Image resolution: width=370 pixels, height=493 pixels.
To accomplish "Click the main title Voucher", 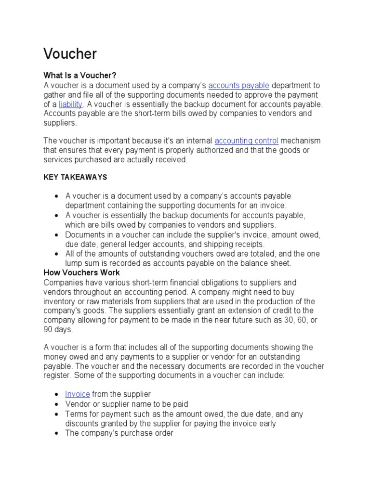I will pyautogui.click(x=70, y=54).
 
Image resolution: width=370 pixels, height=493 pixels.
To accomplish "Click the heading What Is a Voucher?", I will pyautogui.click(x=80, y=76).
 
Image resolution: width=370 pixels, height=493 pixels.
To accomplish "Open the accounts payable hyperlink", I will pyautogui.click(x=238, y=85).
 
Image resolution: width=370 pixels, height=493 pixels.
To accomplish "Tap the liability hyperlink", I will pyautogui.click(x=71, y=104).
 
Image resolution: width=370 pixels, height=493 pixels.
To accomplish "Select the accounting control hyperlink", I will pyautogui.click(x=246, y=141).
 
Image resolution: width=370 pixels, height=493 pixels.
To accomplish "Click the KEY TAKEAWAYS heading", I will pyautogui.click(x=75, y=177).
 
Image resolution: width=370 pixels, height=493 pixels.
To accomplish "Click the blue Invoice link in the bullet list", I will pyautogui.click(x=78, y=394).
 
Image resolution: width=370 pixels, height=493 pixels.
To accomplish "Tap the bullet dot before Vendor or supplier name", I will pyautogui.click(x=57, y=404).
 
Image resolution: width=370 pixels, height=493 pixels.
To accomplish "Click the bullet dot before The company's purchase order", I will pyautogui.click(x=57, y=433).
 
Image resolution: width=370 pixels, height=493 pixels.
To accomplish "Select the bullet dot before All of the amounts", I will pyautogui.click(x=57, y=254).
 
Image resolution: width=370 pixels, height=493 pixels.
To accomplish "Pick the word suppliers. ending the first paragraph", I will pyautogui.click(x=60, y=123).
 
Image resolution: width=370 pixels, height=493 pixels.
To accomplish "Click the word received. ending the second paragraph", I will pyautogui.click(x=172, y=159).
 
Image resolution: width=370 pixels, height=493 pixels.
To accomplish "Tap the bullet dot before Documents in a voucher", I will pyautogui.click(x=57, y=235).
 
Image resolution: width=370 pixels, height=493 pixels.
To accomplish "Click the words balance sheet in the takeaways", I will pyautogui.click(x=268, y=263).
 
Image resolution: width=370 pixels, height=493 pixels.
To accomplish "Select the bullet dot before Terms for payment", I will pyautogui.click(x=57, y=414).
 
